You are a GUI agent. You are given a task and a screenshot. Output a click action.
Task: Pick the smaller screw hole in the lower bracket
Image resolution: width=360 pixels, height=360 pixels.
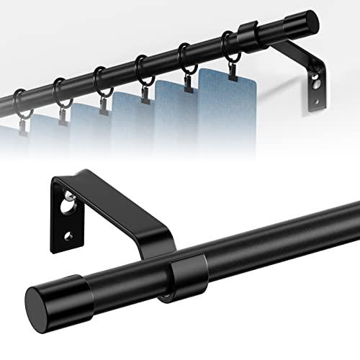point(68,235)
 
